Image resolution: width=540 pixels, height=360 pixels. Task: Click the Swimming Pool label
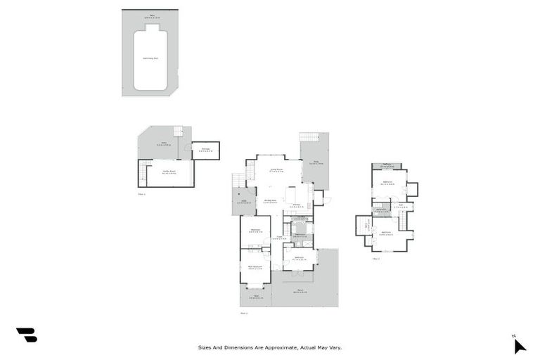[x=150, y=58]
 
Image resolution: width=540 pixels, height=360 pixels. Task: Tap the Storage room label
[x=205, y=149]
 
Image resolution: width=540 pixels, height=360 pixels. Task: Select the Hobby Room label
[x=169, y=172]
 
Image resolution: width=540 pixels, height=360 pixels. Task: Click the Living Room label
[x=276, y=169]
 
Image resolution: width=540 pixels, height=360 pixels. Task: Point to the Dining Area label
[x=269, y=200]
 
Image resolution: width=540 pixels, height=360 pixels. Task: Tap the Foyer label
[x=279, y=238]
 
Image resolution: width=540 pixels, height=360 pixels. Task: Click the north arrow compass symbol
[x=519, y=345]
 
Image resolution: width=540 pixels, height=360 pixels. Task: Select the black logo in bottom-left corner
[x=27, y=335]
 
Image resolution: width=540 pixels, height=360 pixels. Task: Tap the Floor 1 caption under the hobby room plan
[x=141, y=193]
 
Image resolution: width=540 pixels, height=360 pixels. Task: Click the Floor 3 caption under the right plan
[x=376, y=258]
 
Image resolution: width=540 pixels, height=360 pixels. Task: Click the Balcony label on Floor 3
[x=387, y=166]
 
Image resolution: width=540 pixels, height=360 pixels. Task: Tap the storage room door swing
[x=188, y=148]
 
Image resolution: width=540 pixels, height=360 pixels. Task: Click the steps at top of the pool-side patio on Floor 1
[x=178, y=131]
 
